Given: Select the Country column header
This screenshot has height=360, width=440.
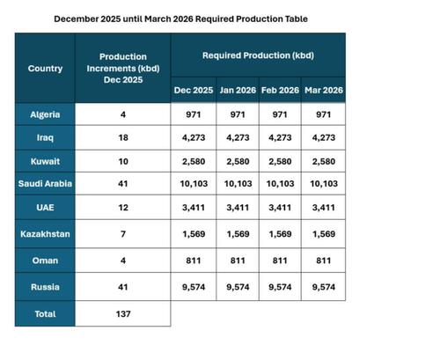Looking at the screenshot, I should (45, 68).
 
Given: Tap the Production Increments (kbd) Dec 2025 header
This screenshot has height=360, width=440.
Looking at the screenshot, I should (123, 68).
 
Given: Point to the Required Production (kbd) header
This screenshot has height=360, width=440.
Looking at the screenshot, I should (258, 55).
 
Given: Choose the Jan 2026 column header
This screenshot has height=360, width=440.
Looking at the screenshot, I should (237, 90).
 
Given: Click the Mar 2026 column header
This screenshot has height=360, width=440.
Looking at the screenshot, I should (323, 90).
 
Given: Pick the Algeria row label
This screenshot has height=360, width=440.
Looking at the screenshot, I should (45, 114).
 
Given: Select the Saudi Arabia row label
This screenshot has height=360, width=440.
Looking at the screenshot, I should (45, 184).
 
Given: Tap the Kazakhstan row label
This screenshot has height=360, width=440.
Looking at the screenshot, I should (45, 234).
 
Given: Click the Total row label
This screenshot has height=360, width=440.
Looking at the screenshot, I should (45, 313).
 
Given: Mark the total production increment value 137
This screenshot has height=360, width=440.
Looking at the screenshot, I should (123, 313).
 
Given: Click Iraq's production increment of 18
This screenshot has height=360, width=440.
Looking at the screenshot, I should (123, 138).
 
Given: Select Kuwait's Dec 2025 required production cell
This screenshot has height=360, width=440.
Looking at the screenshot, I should (193, 161).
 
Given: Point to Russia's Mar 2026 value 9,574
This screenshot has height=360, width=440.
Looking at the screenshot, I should (323, 287).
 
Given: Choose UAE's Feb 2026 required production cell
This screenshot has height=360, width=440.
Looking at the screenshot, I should (280, 208).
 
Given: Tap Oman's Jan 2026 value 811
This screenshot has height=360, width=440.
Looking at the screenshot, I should (237, 261).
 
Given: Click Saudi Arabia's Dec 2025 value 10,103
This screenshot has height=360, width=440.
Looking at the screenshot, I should (193, 184).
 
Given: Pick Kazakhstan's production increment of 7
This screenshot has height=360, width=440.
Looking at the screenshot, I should (123, 234).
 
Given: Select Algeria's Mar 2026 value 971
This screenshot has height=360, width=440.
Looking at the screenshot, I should (323, 114).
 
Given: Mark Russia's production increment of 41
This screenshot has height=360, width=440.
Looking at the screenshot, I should (123, 287).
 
